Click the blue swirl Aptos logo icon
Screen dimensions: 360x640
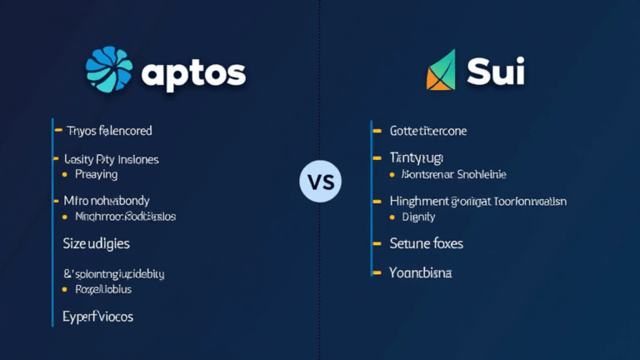(x=108, y=68)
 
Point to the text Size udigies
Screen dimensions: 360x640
(x=96, y=244)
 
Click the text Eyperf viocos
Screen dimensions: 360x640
(x=97, y=317)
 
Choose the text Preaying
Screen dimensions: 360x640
(x=96, y=175)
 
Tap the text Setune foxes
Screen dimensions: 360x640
(x=426, y=244)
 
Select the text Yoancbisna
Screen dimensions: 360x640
(x=421, y=272)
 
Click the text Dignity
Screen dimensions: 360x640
(x=418, y=217)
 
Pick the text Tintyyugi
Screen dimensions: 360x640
(x=417, y=157)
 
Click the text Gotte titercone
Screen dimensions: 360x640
(x=428, y=131)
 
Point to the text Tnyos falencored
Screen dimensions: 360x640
(x=108, y=131)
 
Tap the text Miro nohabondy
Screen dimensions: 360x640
(x=107, y=201)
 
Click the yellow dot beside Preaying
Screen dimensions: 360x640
(x=64, y=176)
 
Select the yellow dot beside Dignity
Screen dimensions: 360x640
(x=392, y=217)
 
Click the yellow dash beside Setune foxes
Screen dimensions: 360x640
(x=375, y=244)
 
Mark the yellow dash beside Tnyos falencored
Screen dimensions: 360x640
(x=57, y=131)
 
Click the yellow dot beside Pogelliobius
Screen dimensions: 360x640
(x=64, y=290)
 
